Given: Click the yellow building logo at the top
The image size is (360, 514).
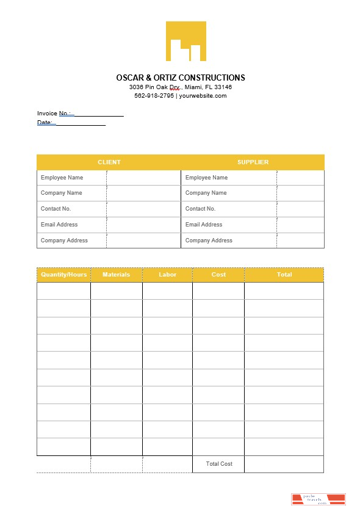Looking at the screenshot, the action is pyautogui.click(x=185, y=42).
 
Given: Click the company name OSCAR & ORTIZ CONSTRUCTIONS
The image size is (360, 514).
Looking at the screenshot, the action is pyautogui.click(x=181, y=78).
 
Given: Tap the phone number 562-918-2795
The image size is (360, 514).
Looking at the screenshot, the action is pyautogui.click(x=154, y=96).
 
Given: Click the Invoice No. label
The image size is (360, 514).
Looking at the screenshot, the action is pyautogui.click(x=54, y=114).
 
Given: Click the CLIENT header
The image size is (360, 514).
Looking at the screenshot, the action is pyautogui.click(x=109, y=162).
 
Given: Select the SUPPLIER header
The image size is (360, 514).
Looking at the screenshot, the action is pyautogui.click(x=253, y=162).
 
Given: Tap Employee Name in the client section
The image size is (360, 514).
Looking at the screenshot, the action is pyautogui.click(x=62, y=178).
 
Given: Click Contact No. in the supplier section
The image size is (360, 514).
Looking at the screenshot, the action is pyautogui.click(x=200, y=209).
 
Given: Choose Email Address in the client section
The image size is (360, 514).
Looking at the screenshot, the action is pyautogui.click(x=59, y=225).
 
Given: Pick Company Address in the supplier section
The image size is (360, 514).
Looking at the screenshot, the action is pyautogui.click(x=209, y=241).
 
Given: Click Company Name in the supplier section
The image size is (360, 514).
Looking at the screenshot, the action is pyautogui.click(x=206, y=193).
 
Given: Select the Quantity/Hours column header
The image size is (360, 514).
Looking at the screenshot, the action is pyautogui.click(x=63, y=275).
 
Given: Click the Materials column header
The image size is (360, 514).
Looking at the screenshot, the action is pyautogui.click(x=116, y=275).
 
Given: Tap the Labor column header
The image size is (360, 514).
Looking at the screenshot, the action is pyautogui.click(x=167, y=275).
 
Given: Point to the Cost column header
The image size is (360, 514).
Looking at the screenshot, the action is pyautogui.click(x=218, y=275).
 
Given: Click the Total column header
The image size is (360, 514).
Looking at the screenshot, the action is pyautogui.click(x=284, y=275).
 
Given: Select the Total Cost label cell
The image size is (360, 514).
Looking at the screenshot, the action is pyautogui.click(x=219, y=464).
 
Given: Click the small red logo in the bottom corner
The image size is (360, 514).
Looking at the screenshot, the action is pyautogui.click(x=318, y=499).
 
